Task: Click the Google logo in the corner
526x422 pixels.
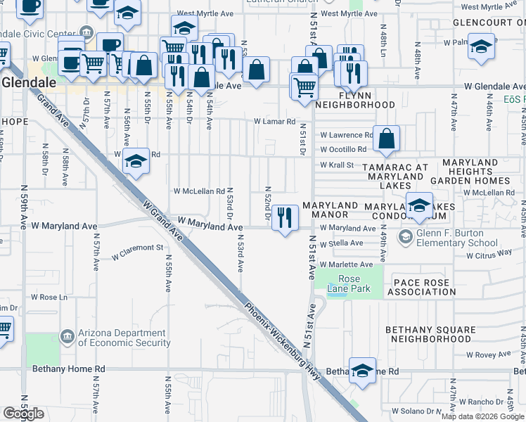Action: tap(23, 414)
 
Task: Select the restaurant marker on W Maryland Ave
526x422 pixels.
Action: tap(285, 219)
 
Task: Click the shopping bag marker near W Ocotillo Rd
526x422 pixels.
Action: tap(387, 139)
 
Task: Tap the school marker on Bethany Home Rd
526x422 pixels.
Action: tap(363, 371)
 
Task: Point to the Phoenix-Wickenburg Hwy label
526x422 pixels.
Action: tap(282, 340)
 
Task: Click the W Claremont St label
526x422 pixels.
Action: tap(137, 248)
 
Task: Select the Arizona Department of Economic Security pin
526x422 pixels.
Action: tap(68, 337)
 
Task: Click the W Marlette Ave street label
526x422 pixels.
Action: tap(346, 264)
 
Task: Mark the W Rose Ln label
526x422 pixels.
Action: tap(49, 297)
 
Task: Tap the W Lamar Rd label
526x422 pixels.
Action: tap(274, 121)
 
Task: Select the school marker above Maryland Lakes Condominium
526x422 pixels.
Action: tap(420, 206)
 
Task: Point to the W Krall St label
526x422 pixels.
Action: tap(336, 165)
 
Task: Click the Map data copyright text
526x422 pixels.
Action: tap(482, 416)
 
